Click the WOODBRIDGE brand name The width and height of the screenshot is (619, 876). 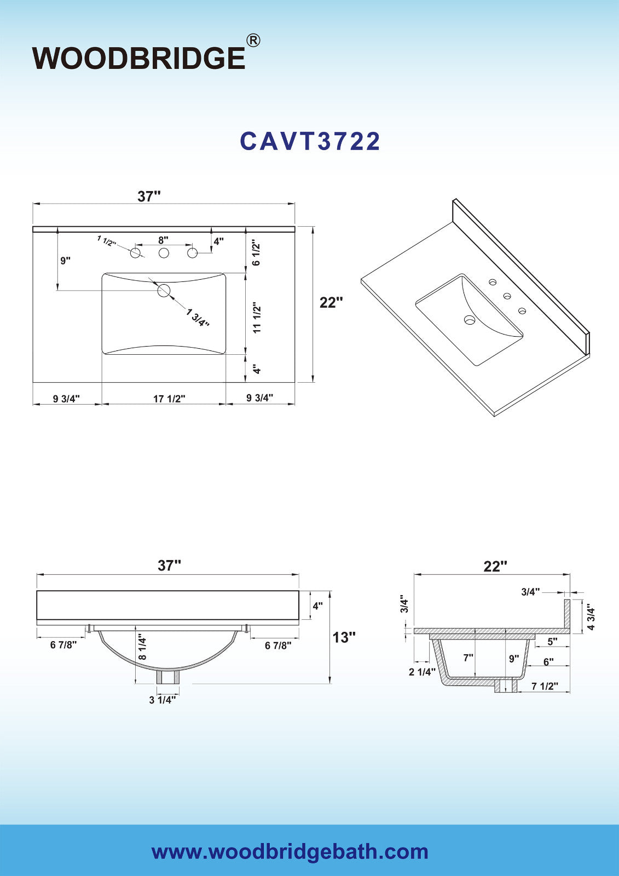(139, 58)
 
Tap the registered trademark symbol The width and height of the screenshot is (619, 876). (253, 41)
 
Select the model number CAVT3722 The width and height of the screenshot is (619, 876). (310, 141)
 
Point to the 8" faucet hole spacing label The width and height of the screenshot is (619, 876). (164, 239)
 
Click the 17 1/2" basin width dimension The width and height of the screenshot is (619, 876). (169, 399)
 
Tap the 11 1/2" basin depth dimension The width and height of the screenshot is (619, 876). (257, 317)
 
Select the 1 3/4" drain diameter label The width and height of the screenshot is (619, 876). (198, 318)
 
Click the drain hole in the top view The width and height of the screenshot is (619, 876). (164, 291)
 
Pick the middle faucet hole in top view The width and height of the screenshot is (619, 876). (164, 253)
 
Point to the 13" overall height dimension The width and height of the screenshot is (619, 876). (344, 637)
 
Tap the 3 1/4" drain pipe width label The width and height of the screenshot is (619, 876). (163, 700)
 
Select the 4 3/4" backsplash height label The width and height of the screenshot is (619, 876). (591, 619)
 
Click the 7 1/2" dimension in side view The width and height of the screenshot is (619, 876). (545, 686)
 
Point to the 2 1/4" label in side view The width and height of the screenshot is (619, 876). (423, 672)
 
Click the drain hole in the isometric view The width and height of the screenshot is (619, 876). (469, 320)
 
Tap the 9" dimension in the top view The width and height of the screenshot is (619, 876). (65, 261)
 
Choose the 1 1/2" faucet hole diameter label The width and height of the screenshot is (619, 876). (107, 241)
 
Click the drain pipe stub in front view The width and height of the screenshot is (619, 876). (168, 677)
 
